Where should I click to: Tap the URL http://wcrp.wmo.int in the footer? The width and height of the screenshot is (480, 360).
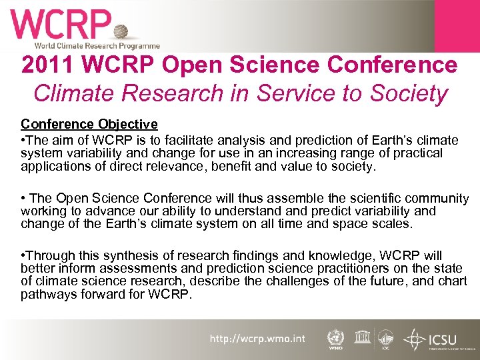coord(257,339)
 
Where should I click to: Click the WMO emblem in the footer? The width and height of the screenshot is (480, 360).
coord(335,338)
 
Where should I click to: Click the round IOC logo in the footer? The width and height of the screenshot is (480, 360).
coord(386,338)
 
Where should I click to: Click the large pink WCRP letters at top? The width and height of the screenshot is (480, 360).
coord(60,25)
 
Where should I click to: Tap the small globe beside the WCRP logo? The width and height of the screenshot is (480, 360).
coord(121,31)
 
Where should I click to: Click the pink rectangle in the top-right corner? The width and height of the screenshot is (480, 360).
coord(457,25)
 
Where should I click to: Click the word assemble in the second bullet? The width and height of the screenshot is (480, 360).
coord(298,199)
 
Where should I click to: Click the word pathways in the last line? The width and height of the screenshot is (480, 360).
coord(47,294)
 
